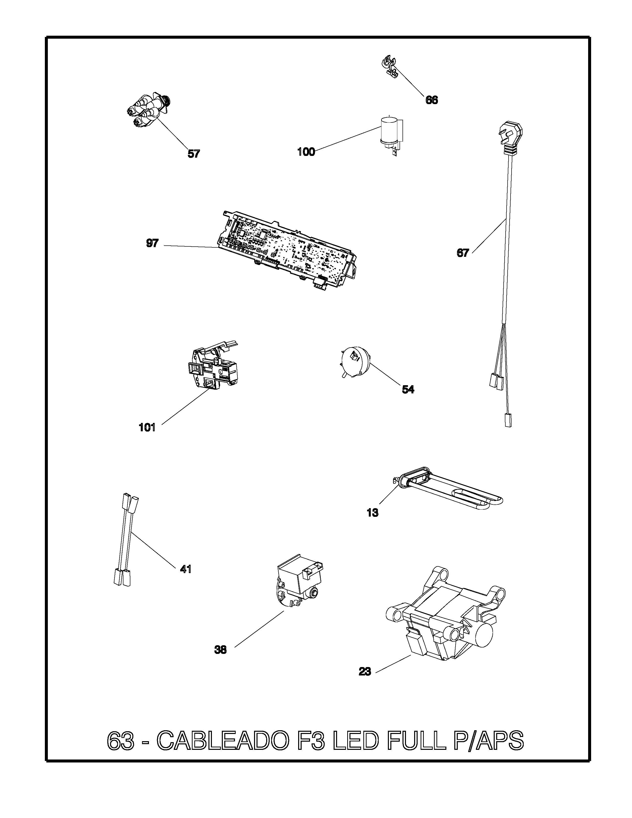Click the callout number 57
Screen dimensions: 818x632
click(194, 154)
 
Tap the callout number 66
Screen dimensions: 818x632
click(431, 100)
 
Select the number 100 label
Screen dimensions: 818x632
click(306, 152)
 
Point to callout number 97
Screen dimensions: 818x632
click(152, 243)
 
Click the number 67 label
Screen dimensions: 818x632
click(463, 253)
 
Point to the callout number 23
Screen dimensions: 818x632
click(365, 672)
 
